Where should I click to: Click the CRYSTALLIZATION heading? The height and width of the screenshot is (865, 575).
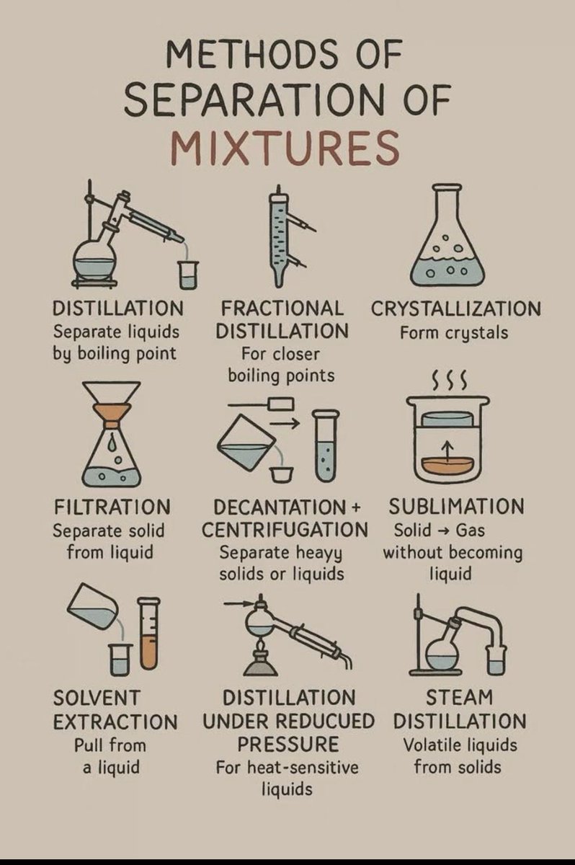455,309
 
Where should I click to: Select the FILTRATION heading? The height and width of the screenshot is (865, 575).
112,507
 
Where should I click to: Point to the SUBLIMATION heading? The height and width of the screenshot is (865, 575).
456,507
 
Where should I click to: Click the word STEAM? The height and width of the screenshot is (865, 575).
459,697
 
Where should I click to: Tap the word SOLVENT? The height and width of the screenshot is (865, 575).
97,697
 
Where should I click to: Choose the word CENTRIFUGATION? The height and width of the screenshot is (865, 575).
285,530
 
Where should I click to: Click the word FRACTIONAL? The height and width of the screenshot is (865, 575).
282,309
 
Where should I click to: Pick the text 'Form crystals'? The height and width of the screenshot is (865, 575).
455,333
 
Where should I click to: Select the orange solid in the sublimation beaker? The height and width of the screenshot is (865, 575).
450,465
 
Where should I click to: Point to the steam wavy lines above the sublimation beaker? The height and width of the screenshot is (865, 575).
449,378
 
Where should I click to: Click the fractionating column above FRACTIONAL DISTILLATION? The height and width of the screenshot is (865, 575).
279,234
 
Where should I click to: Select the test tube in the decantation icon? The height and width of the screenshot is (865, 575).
326,447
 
